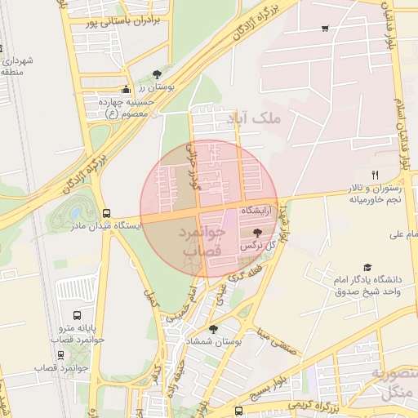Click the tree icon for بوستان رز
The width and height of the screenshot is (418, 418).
[x=156, y=73]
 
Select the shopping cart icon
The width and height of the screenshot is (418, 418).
[x=326, y=29]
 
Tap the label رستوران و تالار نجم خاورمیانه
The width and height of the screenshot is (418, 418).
[x=372, y=193]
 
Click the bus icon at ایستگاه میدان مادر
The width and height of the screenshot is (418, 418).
[x=106, y=213]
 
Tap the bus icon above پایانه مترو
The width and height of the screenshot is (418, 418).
[x=77, y=315]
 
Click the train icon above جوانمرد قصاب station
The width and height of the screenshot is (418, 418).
[x=61, y=355]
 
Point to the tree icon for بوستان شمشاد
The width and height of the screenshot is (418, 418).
[x=213, y=329]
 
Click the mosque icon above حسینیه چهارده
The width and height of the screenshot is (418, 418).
[x=126, y=91]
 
